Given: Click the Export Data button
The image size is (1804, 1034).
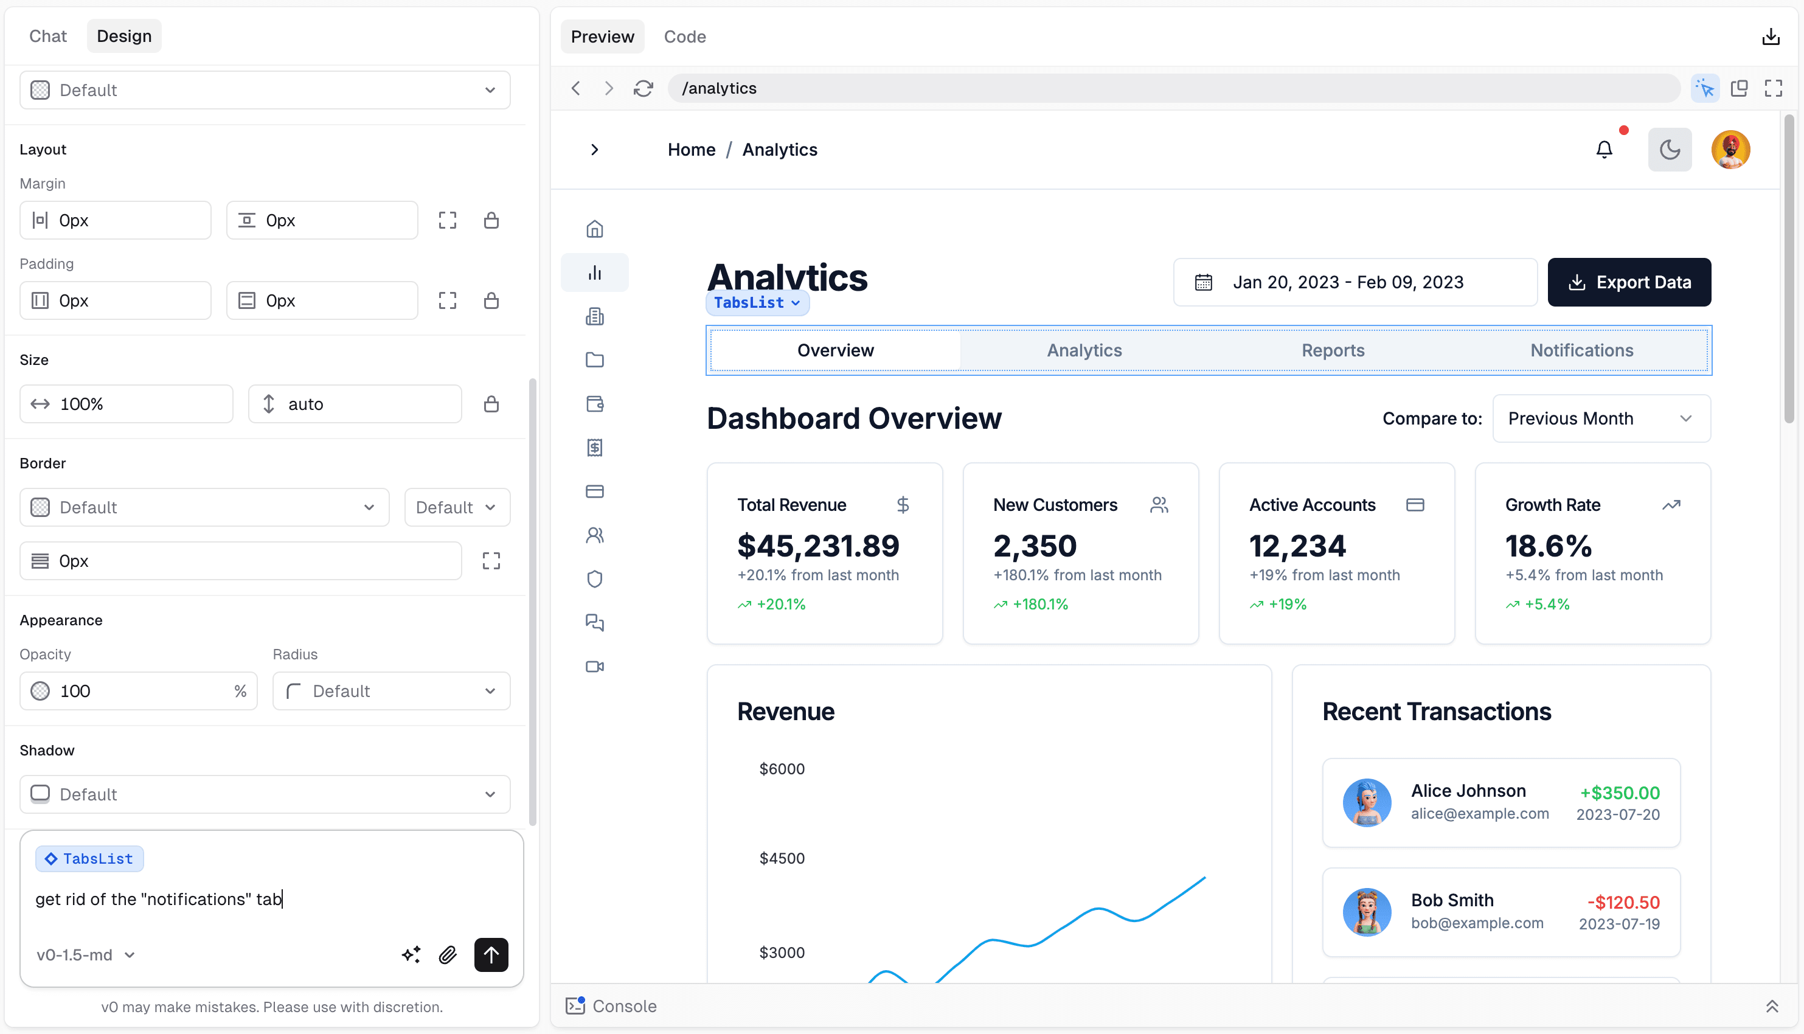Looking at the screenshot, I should tap(1629, 282).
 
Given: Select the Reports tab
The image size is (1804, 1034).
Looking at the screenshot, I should tap(1333, 350).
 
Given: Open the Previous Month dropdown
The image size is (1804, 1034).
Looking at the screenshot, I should tap(1601, 418).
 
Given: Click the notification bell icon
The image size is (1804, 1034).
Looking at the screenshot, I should tap(1604, 150).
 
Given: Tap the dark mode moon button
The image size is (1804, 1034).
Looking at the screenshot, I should tap(1669, 150).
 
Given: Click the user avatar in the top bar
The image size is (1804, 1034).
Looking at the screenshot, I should tap(1730, 150).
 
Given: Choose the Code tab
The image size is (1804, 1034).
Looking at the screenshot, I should tap(684, 37).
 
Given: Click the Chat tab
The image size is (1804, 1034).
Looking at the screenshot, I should tap(47, 36).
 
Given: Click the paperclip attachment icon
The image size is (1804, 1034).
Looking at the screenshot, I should tap(447, 955).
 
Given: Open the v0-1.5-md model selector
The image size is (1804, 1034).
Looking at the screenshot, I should tap(85, 955).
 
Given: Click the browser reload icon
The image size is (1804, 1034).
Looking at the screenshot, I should tap(644, 88).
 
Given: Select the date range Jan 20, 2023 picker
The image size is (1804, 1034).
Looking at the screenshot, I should tap(1354, 282).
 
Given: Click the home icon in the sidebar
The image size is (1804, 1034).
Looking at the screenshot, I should tap(595, 229).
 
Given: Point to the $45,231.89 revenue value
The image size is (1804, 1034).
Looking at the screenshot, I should tap(818, 546).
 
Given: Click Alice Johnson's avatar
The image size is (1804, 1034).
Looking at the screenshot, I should tap(1366, 802).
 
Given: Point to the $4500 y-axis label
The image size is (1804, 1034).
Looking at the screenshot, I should tap(782, 858).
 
